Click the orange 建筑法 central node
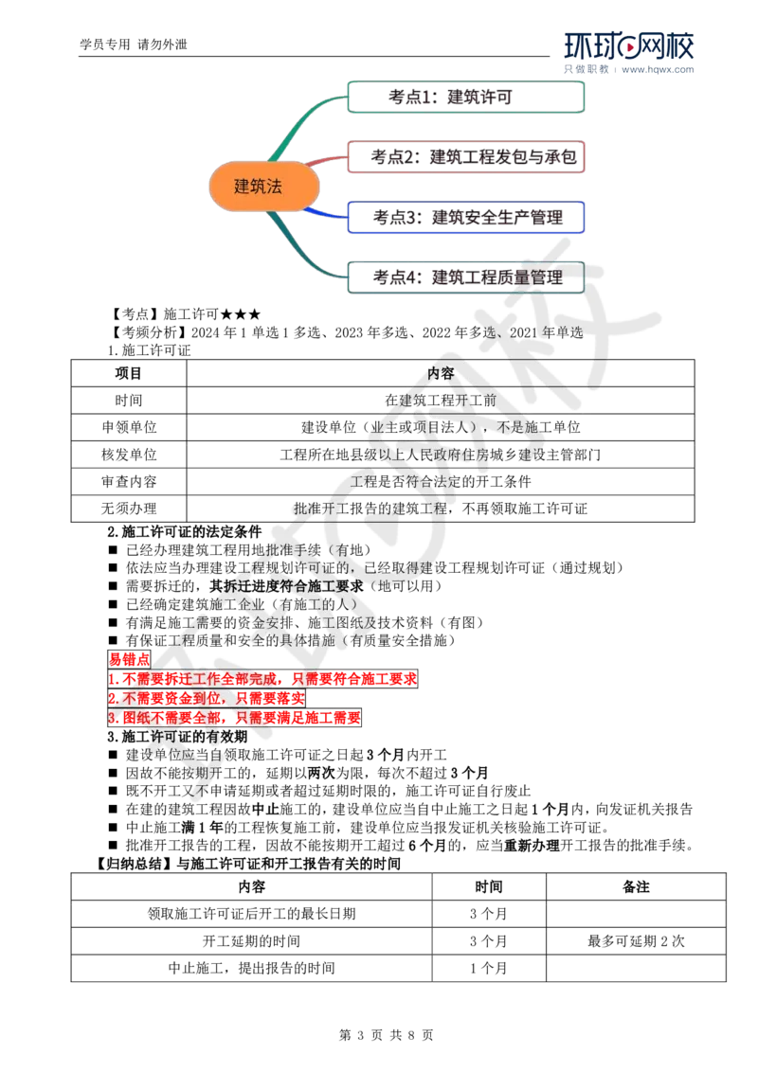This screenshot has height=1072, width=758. pyautogui.click(x=264, y=186)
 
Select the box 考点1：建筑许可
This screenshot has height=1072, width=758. pyautogui.click(x=466, y=98)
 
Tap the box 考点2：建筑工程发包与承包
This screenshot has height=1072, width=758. pyautogui.click(x=466, y=156)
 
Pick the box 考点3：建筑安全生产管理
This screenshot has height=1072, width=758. pyautogui.click(x=466, y=218)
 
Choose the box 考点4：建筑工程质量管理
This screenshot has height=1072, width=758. pyautogui.click(x=466, y=277)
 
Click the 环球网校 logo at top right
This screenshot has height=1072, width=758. pyautogui.click(x=629, y=52)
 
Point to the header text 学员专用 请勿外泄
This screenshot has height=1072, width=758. pyautogui.click(x=134, y=45)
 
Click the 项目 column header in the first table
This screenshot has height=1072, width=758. pyautogui.click(x=128, y=373)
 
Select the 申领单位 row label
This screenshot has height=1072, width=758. pyautogui.click(x=129, y=427)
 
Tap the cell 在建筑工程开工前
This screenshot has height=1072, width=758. pyautogui.click(x=441, y=400)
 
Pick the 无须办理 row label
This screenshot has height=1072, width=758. pyautogui.click(x=129, y=509)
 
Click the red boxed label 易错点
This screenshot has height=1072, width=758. pyautogui.click(x=129, y=660)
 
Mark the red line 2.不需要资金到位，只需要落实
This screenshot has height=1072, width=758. pyautogui.click(x=207, y=698)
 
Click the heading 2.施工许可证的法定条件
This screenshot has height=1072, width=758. pyautogui.click(x=185, y=532)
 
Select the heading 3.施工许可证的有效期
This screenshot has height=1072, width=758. pyautogui.click(x=177, y=737)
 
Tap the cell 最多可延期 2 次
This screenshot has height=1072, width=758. pyautogui.click(x=636, y=940)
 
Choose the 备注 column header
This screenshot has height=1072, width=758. pyautogui.click(x=636, y=886)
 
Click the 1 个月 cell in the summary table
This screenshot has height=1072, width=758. pyautogui.click(x=489, y=968)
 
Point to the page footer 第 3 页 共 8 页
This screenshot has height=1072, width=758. pyautogui.click(x=386, y=1035)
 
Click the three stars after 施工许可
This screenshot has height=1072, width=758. pyautogui.click(x=241, y=314)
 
